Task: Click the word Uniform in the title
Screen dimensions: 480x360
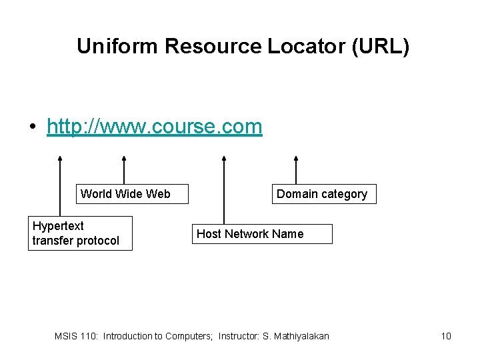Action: pyautogui.click(x=118, y=46)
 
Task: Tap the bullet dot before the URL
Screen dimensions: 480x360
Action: pyautogui.click(x=31, y=127)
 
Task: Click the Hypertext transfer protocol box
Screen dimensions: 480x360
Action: pyautogui.click(x=80, y=233)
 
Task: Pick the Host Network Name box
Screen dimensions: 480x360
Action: pyautogui.click(x=261, y=234)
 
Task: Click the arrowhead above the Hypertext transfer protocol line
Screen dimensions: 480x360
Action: pyautogui.click(x=60, y=159)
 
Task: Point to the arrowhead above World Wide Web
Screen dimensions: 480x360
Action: pyautogui.click(x=124, y=159)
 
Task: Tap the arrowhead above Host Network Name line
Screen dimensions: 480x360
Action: pyautogui.click(x=223, y=159)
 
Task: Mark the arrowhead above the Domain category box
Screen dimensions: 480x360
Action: pyautogui.click(x=296, y=159)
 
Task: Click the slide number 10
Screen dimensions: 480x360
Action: pyautogui.click(x=446, y=336)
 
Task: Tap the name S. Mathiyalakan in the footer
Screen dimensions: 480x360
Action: pyautogui.click(x=296, y=336)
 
